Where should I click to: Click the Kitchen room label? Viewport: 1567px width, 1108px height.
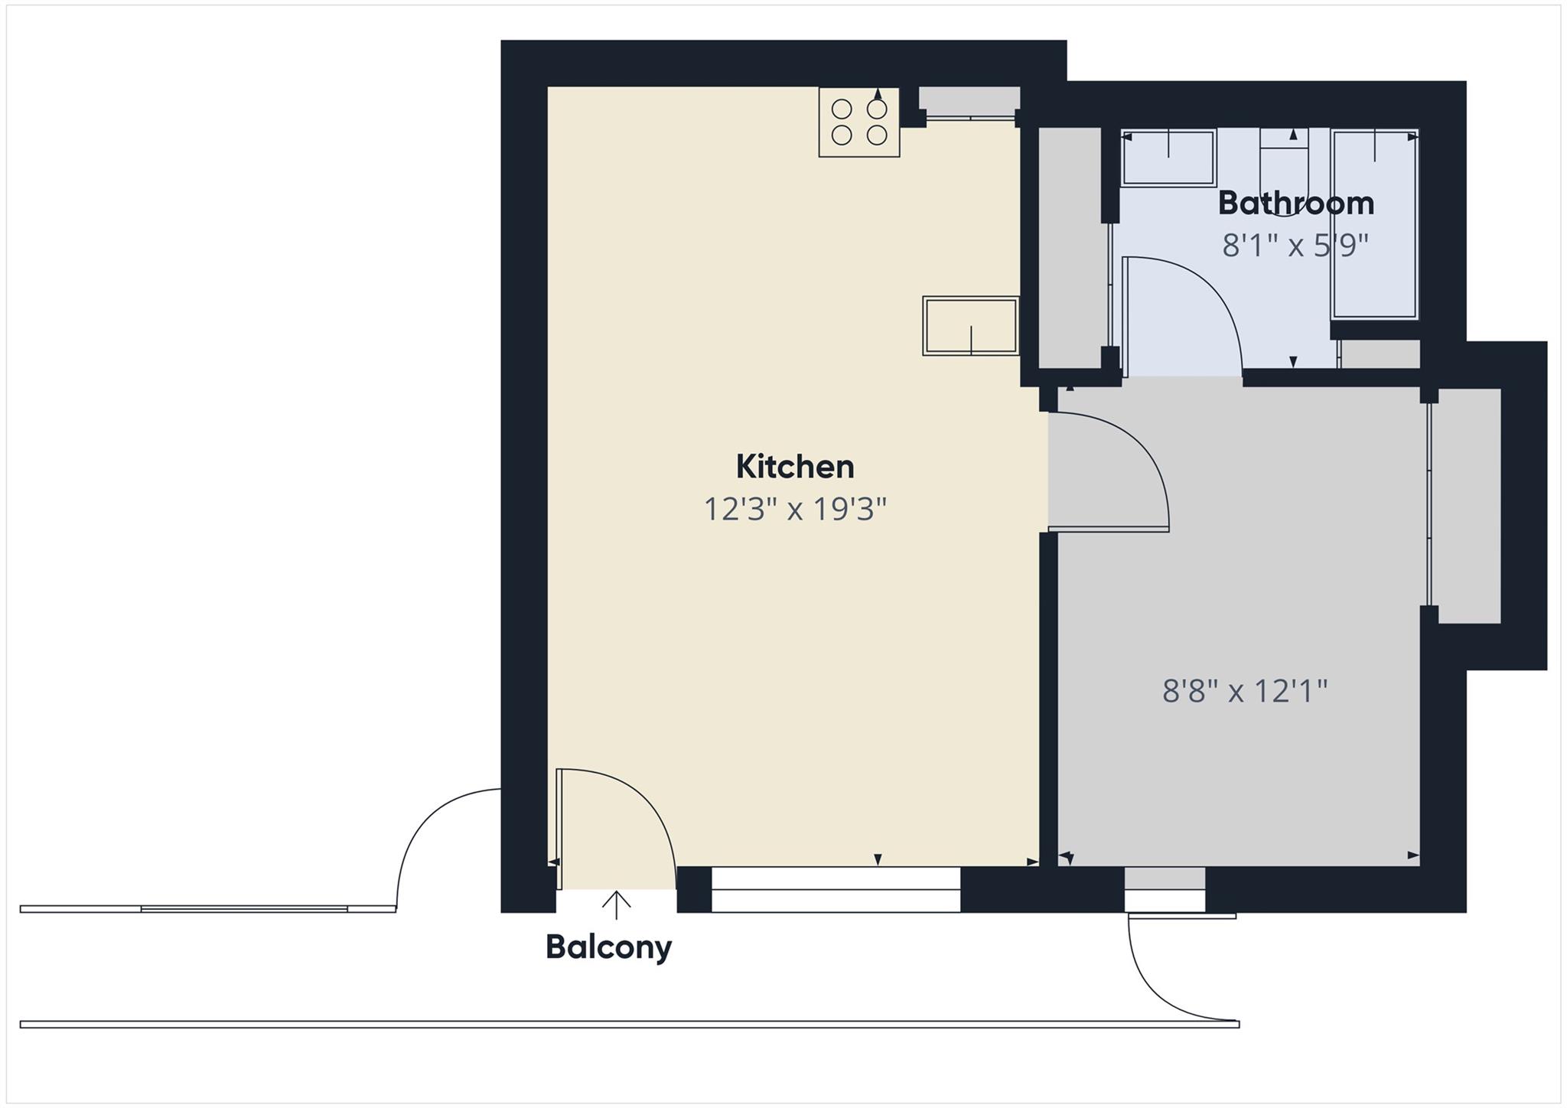(794, 467)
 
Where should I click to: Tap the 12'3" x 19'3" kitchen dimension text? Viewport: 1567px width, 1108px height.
(794, 509)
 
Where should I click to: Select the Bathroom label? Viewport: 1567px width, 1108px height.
(1295, 204)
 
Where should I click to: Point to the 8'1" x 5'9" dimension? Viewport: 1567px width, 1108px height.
(1295, 246)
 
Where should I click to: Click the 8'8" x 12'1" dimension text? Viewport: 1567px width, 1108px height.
(1244, 691)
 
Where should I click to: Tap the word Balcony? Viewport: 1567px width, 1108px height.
(608, 947)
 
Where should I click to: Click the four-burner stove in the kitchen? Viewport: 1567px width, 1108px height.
(858, 122)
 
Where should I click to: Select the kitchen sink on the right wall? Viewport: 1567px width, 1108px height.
(970, 326)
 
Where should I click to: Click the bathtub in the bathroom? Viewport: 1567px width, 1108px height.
(1375, 224)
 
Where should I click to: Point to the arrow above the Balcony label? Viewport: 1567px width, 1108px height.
(616, 904)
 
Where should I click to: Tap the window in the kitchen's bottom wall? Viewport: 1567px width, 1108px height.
(836, 889)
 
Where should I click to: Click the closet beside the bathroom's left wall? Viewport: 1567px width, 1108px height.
(1068, 249)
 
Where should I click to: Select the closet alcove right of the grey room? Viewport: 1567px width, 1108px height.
(1465, 505)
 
